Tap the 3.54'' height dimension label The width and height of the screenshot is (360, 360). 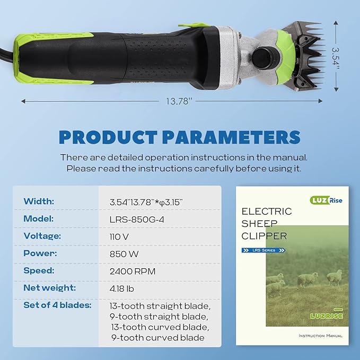click(336, 56)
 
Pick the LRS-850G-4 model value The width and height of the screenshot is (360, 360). click(135, 219)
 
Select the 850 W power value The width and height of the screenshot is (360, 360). click(124, 253)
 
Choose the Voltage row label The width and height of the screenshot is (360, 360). click(42, 236)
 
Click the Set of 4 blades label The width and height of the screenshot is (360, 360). click(57, 305)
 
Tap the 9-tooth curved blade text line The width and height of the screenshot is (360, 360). click(157, 338)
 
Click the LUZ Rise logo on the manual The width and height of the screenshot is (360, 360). click(324, 200)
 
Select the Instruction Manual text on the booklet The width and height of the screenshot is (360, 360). click(320, 336)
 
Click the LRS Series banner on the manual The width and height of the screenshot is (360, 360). click(264, 250)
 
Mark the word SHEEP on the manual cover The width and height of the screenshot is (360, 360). click(256, 223)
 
